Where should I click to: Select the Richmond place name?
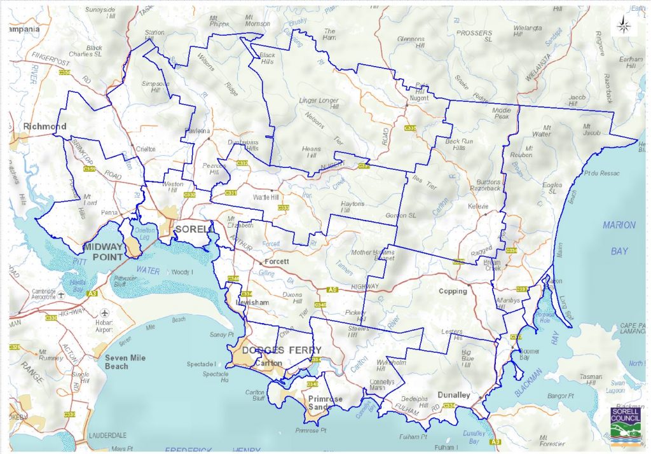click(45, 127)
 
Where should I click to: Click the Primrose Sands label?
click(325, 403)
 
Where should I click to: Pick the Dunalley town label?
click(453, 395)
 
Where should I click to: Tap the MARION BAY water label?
click(619, 238)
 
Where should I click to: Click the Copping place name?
click(453, 291)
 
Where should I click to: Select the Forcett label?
click(278, 261)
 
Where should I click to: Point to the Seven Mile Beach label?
click(126, 362)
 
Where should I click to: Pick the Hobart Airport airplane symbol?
click(104, 313)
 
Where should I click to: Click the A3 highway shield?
click(92, 294)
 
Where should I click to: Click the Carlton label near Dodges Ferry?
click(267, 364)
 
